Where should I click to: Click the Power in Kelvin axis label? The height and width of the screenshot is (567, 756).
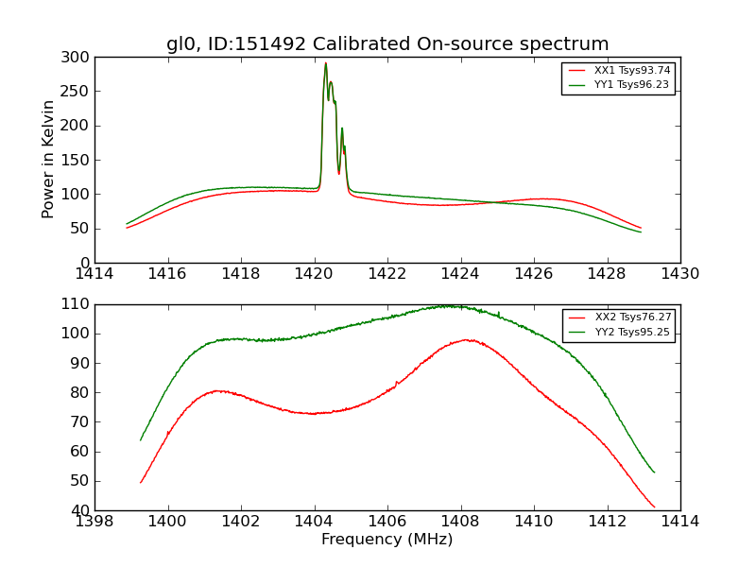click(x=48, y=160)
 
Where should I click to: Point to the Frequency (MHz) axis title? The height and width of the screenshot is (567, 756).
click(x=387, y=540)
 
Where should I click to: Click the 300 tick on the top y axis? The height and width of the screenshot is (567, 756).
click(x=77, y=58)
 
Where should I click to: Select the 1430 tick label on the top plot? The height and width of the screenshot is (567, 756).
click(x=679, y=274)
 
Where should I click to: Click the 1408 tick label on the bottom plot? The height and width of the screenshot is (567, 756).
click(x=460, y=521)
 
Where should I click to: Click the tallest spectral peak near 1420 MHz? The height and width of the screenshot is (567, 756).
click(x=326, y=64)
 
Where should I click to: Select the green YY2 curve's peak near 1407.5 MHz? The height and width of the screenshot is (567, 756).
click(x=444, y=305)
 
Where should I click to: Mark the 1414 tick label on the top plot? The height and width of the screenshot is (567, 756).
click(x=94, y=274)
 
